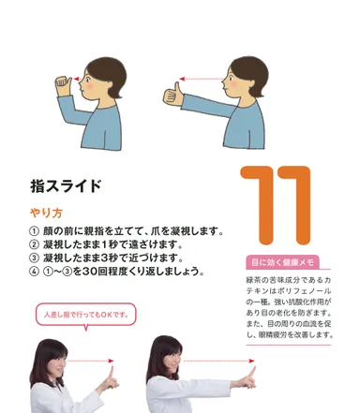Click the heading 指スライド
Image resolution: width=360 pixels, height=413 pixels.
click(x=65, y=186)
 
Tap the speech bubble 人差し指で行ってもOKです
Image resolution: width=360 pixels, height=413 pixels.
click(x=85, y=316)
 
